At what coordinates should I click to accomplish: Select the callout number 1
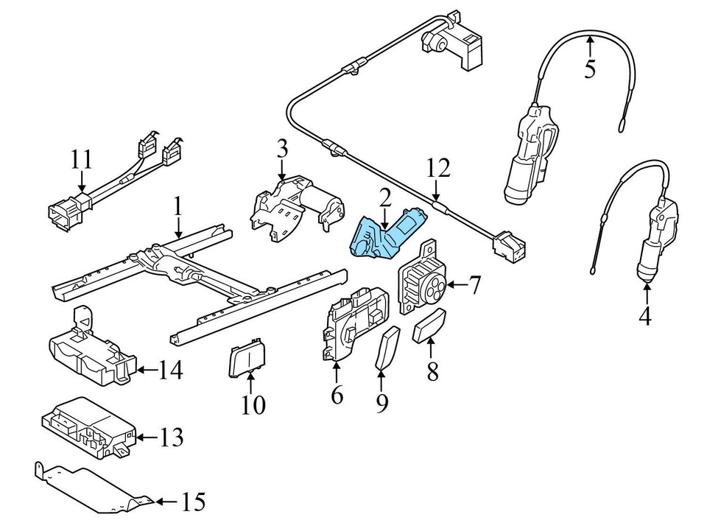tap(177, 205)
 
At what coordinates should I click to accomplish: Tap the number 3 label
tap(281, 150)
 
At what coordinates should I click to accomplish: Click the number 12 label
tap(437, 169)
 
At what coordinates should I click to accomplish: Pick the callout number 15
tap(194, 503)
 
